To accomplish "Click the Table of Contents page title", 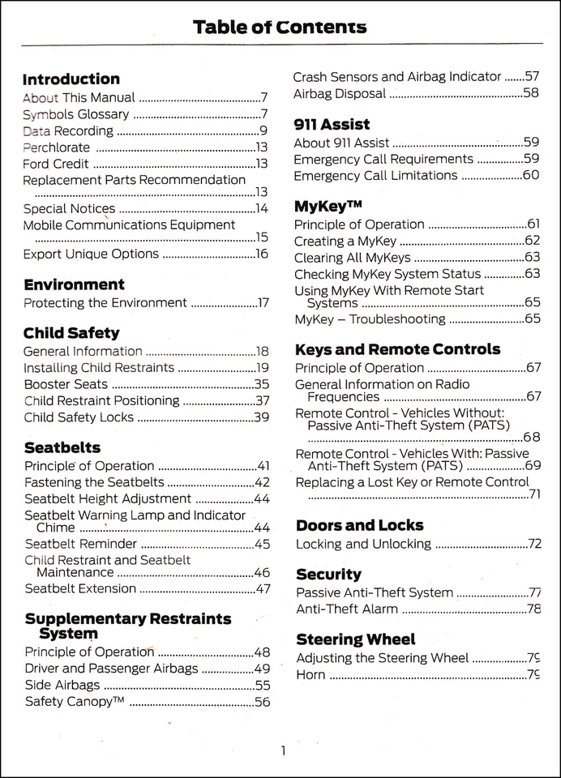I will pos(280,28).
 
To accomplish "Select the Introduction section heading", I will pos(71,79).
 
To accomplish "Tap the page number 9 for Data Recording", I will pos(263,130).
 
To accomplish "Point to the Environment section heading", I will pos(74,284).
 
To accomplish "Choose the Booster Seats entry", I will pos(66,384).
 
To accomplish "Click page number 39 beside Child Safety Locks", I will pos(261,417).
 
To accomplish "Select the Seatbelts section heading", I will pos(62,447).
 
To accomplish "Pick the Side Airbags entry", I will pos(62,685).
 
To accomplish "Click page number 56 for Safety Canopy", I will pos(261,702).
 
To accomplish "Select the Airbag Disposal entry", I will pos(338,93).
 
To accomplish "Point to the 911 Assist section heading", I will pos(332,125).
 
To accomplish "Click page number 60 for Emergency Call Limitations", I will pos(530,175).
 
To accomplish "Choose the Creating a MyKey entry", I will pos(345,241).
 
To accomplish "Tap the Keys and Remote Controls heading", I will pos(397,350).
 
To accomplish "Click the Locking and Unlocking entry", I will pos(363,544).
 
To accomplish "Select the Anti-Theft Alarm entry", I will pos(347,609).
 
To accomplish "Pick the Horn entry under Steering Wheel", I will pos(310,674).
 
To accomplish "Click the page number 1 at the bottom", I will pos(283,750).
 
